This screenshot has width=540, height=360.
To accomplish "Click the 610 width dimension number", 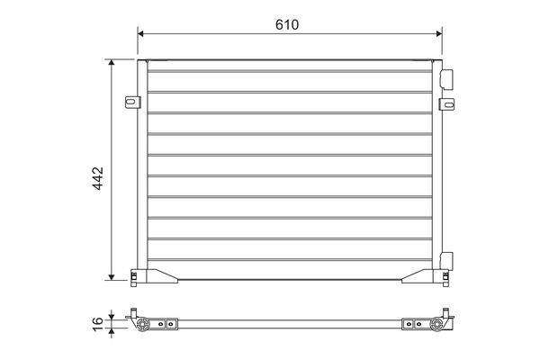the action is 287,25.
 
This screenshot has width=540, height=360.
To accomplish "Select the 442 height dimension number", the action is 98,178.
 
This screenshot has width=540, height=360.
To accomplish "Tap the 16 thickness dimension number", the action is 98,324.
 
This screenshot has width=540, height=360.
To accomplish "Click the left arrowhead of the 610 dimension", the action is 140,33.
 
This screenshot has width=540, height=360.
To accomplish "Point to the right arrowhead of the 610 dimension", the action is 439,33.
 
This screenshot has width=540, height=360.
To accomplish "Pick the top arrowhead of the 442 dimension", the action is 112,62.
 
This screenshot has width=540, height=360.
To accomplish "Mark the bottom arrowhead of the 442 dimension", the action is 112,277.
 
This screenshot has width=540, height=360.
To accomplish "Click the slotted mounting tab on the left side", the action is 132,103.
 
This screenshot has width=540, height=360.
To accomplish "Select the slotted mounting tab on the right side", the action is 446,104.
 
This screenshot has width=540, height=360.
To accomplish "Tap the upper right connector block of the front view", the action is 446,79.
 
